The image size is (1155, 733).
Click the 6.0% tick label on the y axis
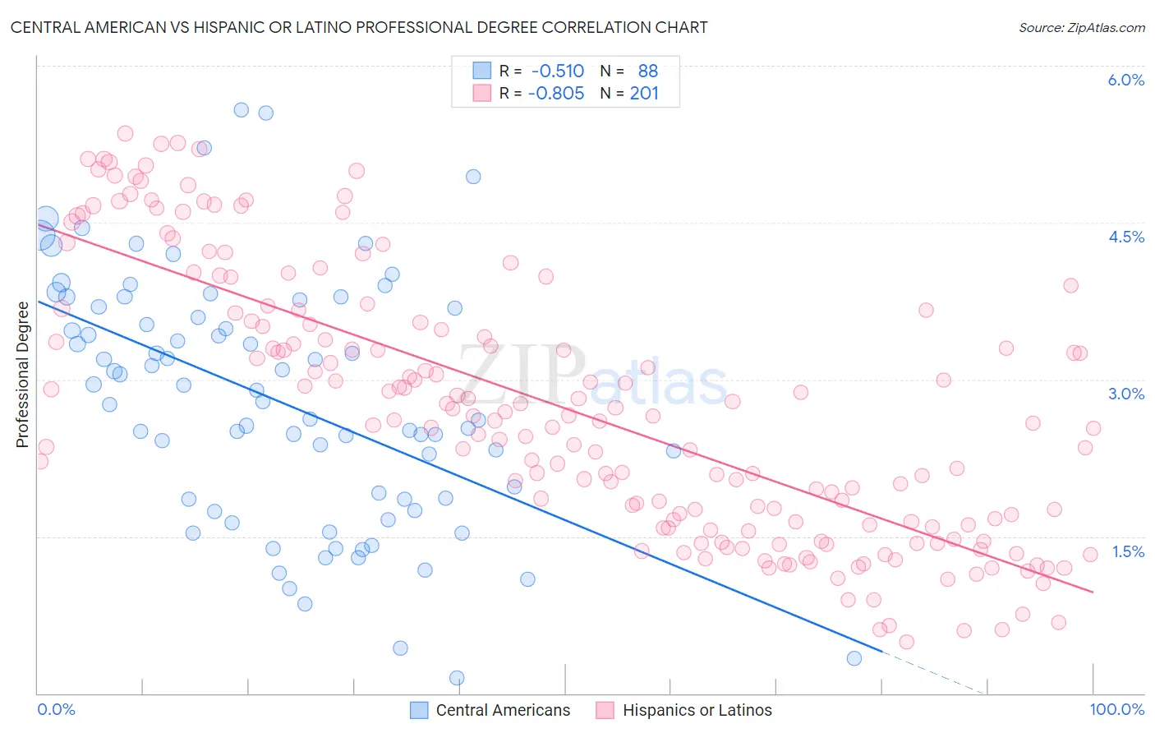coord(1125,80)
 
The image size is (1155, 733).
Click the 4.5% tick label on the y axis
coord(1125,237)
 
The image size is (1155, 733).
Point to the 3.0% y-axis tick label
coord(1125,394)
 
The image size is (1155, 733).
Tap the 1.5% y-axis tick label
coord(1128,551)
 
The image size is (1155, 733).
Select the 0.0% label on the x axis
coord(56,709)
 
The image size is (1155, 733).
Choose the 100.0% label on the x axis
coord(1116,709)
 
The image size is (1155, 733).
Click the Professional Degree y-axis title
coord(22,375)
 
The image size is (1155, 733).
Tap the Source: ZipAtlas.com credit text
coord(1081,27)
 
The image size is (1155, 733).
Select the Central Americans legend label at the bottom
coord(503,710)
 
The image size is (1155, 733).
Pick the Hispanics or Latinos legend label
coord(697,710)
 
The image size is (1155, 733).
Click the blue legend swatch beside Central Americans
coord(419,710)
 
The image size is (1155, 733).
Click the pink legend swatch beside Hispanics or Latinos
coord(605,710)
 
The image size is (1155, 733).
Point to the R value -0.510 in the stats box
coord(558,71)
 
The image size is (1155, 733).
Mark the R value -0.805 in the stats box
coord(556,93)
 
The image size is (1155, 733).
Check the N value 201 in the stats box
coord(644,93)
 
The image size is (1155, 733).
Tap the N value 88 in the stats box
coord(648,71)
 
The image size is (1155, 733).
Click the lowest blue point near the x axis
coord(457,678)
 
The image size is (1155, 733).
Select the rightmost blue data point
coord(854,658)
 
